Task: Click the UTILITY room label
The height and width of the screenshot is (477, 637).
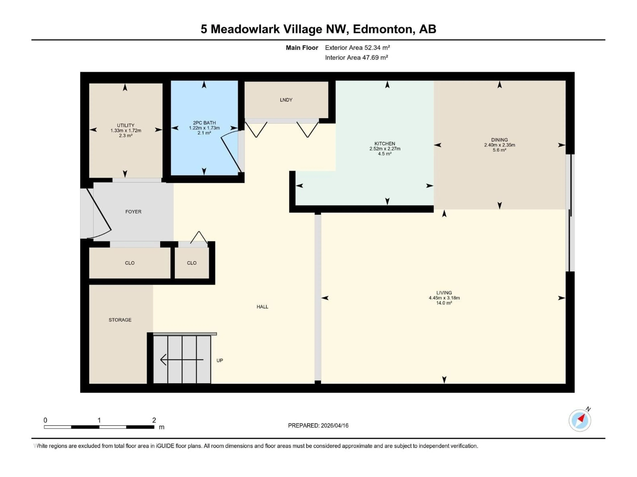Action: click(x=126, y=125)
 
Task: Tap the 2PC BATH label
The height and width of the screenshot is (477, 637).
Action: click(x=204, y=123)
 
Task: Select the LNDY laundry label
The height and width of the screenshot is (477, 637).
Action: click(x=286, y=100)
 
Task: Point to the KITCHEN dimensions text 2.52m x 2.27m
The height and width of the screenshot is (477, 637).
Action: click(x=385, y=149)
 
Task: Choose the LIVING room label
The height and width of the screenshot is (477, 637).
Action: click(x=444, y=293)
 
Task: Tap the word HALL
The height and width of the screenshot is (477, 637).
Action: click(x=262, y=307)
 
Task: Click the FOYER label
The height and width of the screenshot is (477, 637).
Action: click(x=133, y=212)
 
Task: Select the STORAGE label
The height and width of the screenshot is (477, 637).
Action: click(x=120, y=320)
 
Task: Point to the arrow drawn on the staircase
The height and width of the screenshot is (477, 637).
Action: click(x=181, y=360)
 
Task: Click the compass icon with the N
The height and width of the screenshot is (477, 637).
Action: click(x=580, y=420)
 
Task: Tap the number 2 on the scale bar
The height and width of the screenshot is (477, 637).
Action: click(x=154, y=420)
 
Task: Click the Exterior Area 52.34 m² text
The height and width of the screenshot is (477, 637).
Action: click(x=357, y=48)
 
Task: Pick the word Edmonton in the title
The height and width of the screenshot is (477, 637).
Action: click(x=384, y=29)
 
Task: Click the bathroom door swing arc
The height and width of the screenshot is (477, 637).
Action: click(x=230, y=151)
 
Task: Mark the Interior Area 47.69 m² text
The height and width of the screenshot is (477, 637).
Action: click(x=356, y=57)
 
